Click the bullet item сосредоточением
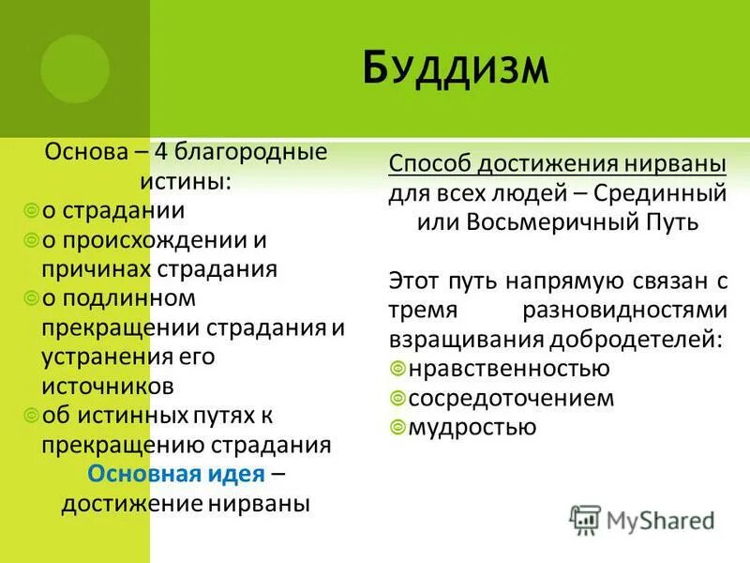pyautogui.click(x=511, y=398)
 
